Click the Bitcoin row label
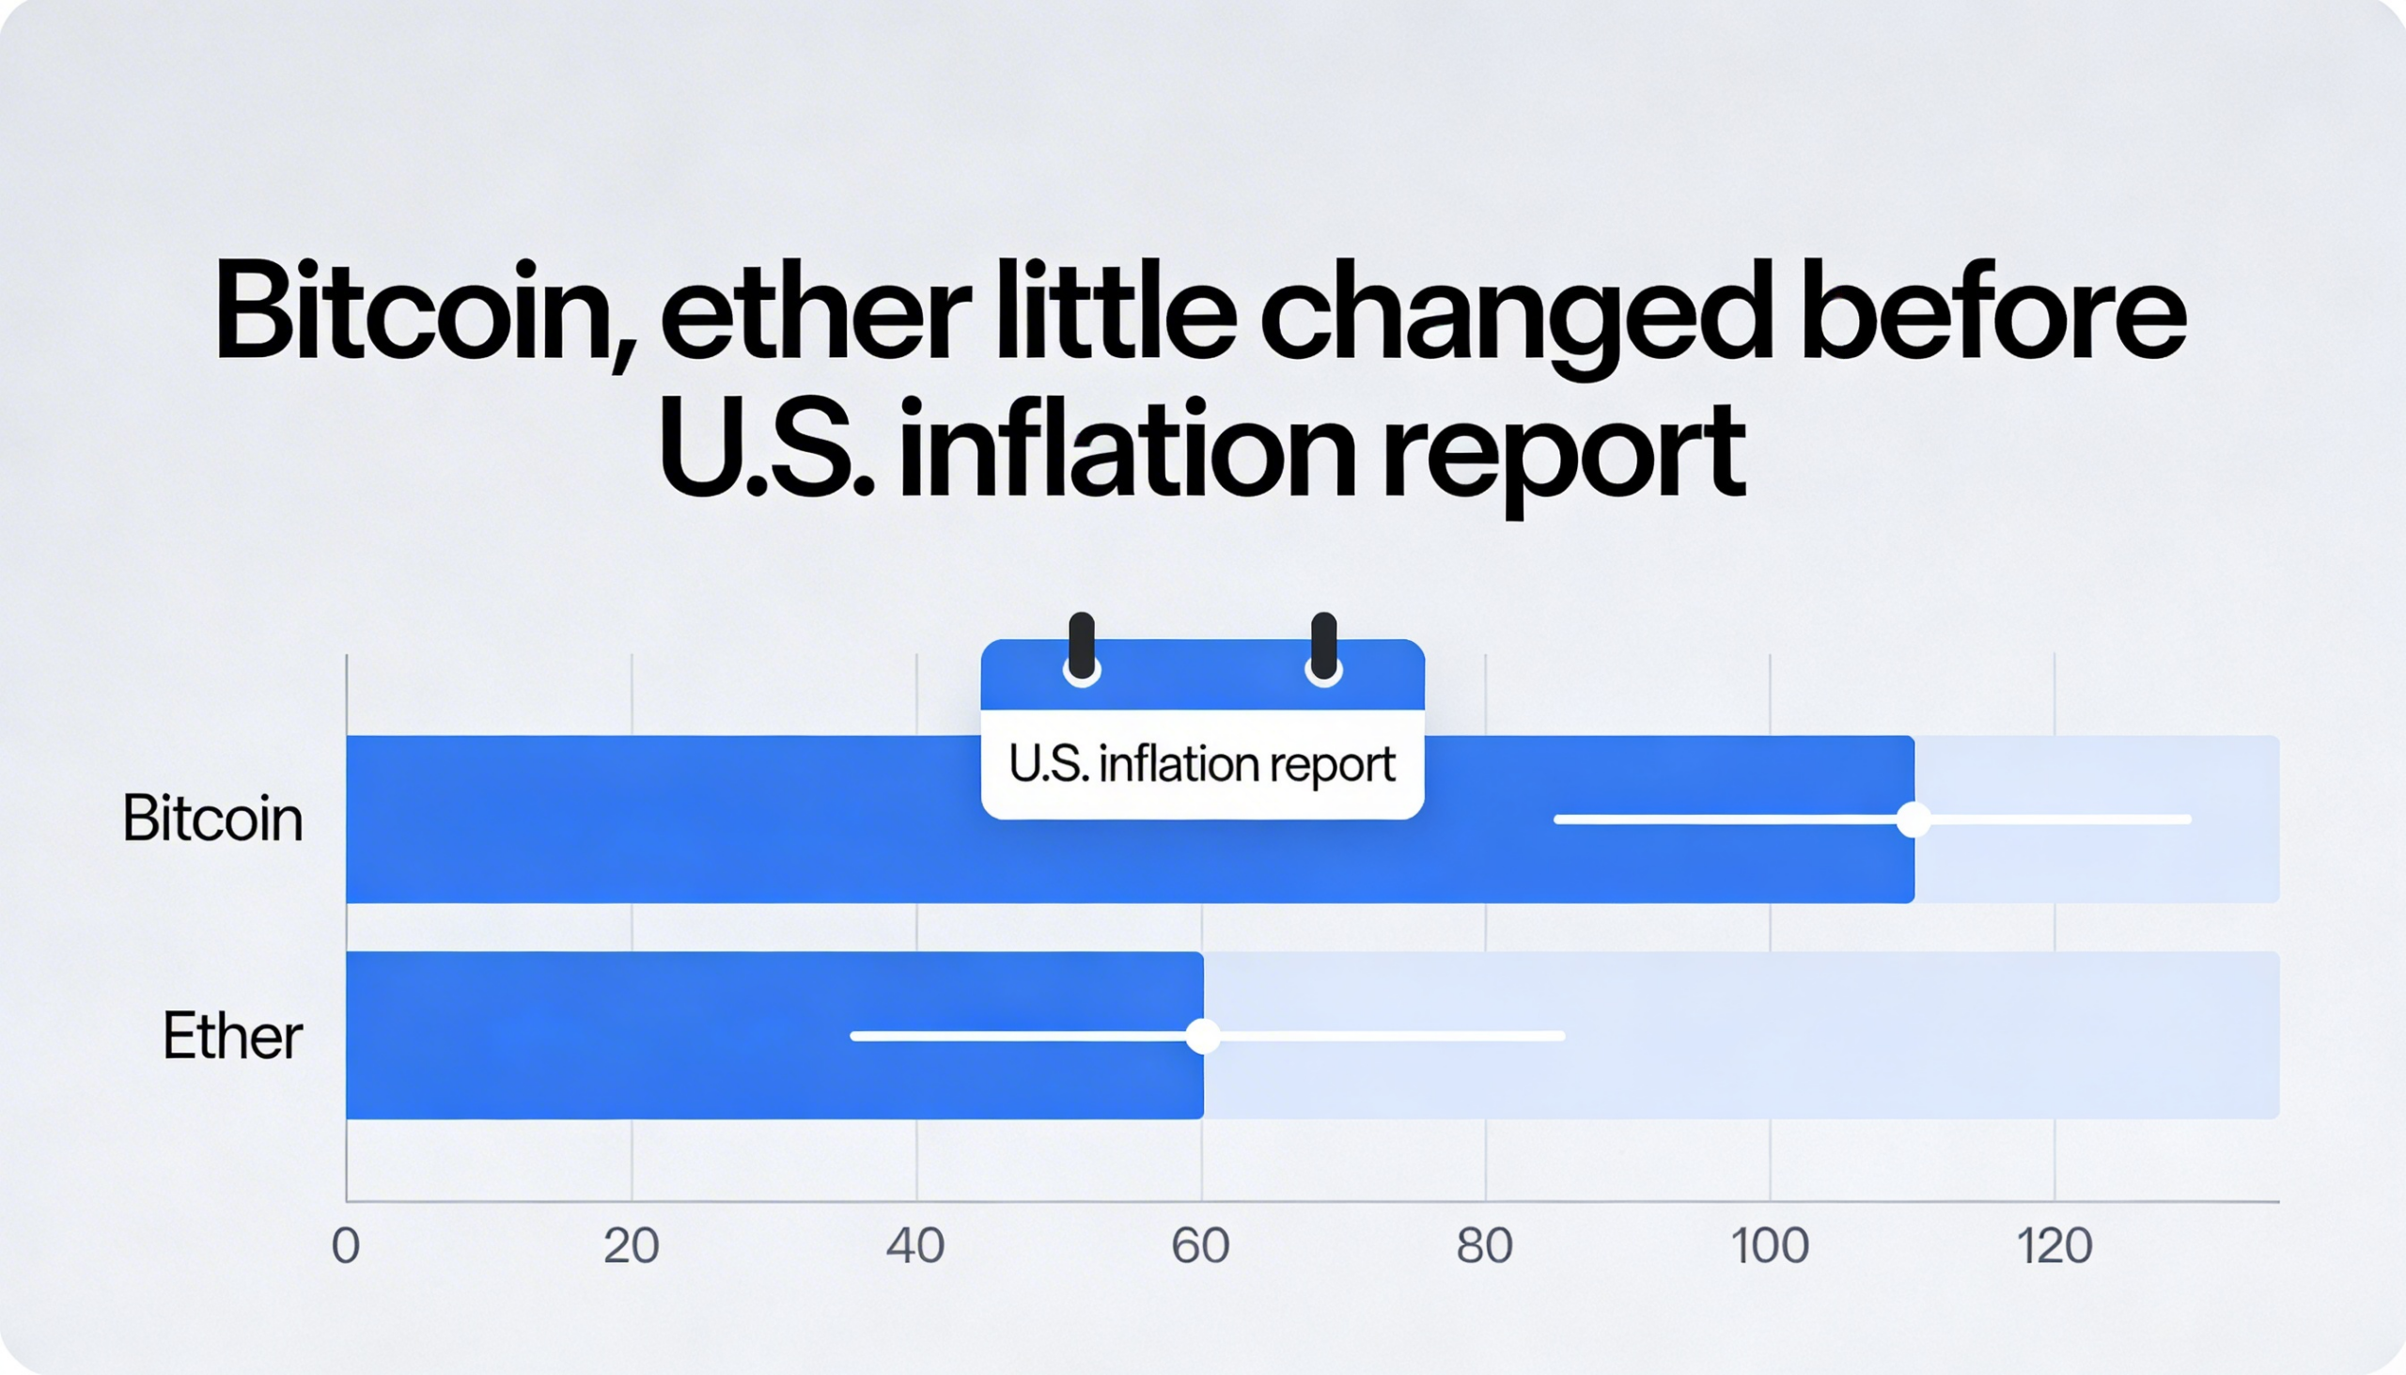(x=212, y=819)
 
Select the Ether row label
(x=232, y=1036)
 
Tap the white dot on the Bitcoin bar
(x=1914, y=819)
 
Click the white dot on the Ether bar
(x=1202, y=1036)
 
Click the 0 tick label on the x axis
(x=346, y=1246)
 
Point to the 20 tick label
(x=631, y=1246)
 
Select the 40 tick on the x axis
(x=915, y=1246)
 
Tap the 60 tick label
(x=1200, y=1246)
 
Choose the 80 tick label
(x=1484, y=1246)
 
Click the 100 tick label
(x=1770, y=1246)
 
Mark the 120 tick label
(x=2054, y=1246)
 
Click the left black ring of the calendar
(x=1081, y=648)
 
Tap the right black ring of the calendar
(x=1324, y=648)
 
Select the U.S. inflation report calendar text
(x=1202, y=765)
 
